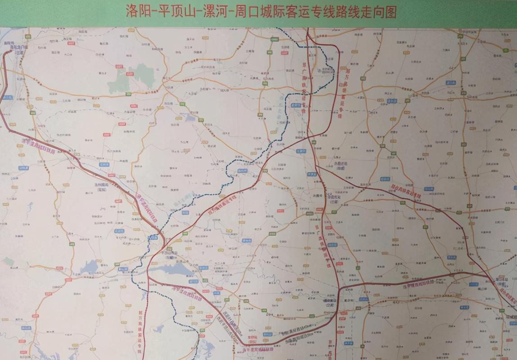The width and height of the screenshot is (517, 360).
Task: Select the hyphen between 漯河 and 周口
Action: point(232,12)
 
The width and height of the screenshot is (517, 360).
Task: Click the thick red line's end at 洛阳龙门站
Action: point(10,51)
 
